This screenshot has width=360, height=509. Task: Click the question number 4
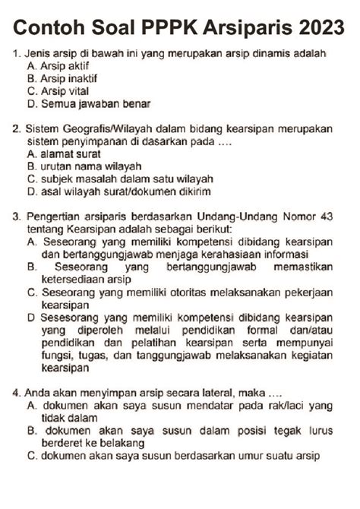point(16,394)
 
